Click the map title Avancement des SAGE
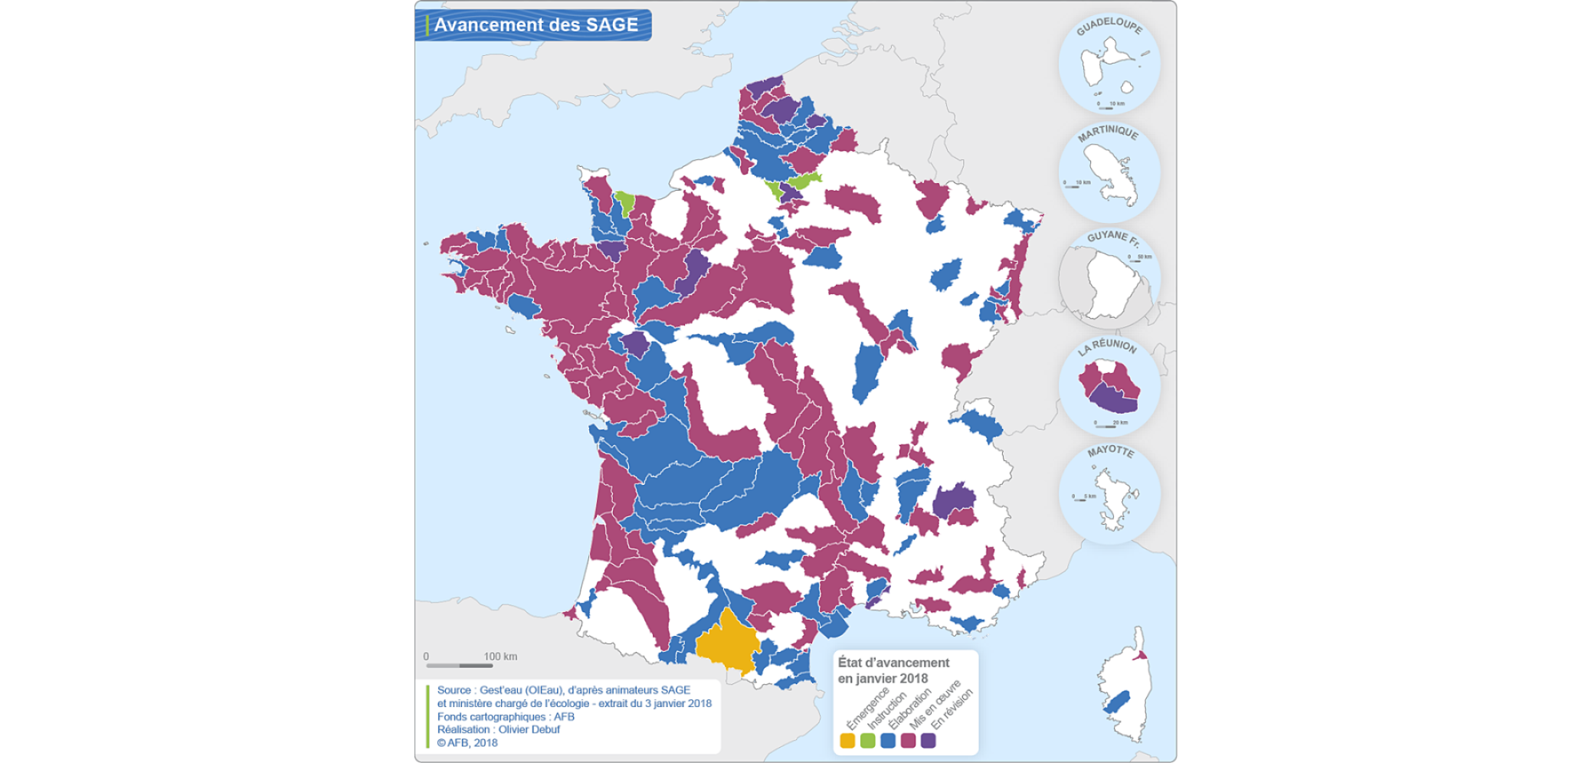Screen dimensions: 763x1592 (536, 25)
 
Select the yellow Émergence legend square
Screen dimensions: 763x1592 (847, 741)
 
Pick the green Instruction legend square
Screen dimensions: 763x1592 (867, 741)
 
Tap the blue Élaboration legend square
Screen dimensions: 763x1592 (888, 741)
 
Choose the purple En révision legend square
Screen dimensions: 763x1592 (928, 741)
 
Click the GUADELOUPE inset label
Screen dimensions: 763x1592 (1109, 25)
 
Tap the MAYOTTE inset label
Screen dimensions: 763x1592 (1110, 451)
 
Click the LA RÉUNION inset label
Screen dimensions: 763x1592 (1107, 345)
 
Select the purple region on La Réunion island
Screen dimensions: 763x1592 (1112, 398)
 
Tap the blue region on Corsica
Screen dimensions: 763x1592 (1118, 701)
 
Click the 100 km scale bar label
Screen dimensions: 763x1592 (500, 657)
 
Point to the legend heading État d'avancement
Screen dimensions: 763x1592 (893, 663)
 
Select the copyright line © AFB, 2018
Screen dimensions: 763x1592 (467, 742)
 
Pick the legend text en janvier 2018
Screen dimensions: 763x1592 (883, 679)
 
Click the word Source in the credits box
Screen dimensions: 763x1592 (454, 690)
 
